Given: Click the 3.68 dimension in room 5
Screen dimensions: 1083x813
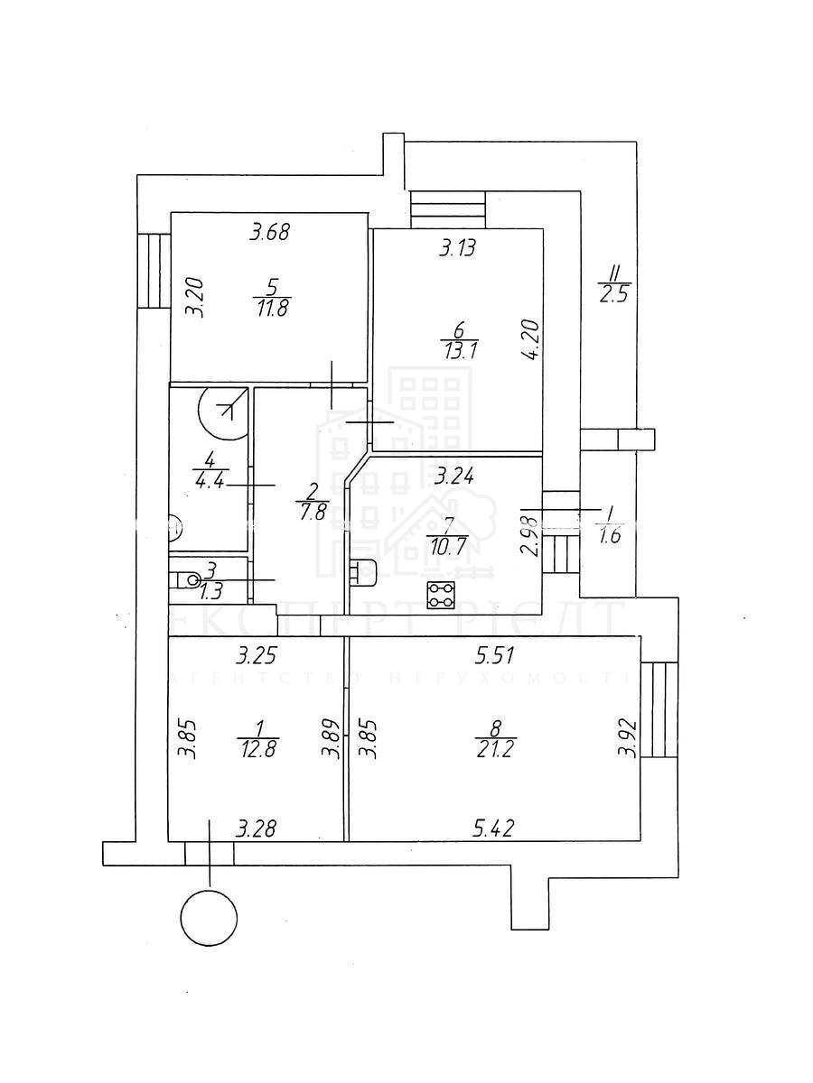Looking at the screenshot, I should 268,233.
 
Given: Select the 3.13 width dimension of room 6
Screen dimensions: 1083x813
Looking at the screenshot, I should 457,248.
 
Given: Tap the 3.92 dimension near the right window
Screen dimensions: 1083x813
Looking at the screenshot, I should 624,740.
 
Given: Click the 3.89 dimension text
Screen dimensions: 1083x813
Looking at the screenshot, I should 333,740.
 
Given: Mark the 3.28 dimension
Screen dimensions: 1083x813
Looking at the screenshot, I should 257,828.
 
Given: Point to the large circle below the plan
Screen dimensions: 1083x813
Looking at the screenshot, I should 207,918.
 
